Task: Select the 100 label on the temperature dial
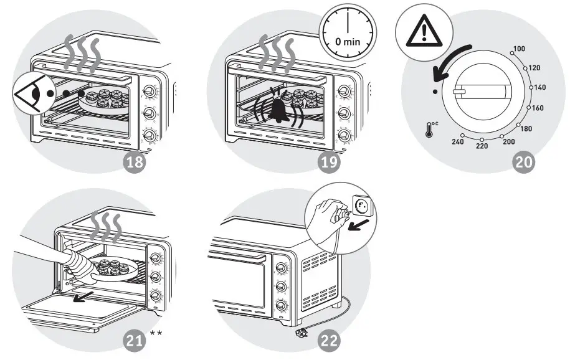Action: pyautogui.click(x=518, y=48)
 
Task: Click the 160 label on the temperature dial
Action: pyautogui.click(x=538, y=108)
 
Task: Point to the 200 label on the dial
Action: pyautogui.click(x=508, y=141)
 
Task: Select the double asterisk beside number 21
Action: pyautogui.click(x=156, y=334)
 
